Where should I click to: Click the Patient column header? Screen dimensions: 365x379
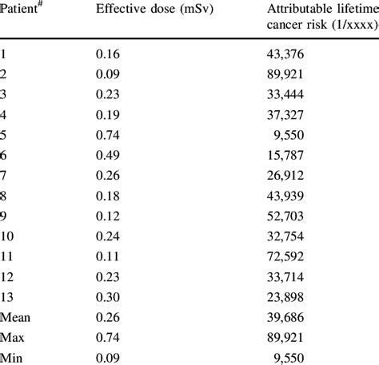22,10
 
